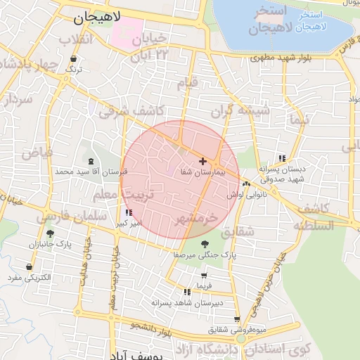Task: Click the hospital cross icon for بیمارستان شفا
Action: point(203,161)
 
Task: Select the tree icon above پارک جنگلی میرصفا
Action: point(204,244)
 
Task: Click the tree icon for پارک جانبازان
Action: point(49,233)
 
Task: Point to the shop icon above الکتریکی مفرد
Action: point(29,267)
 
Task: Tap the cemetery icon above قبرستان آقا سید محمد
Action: point(91,161)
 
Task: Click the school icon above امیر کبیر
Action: point(127,212)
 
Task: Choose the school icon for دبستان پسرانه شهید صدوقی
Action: point(282,158)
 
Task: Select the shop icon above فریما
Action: point(204,276)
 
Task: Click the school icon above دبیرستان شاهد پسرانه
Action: point(186,292)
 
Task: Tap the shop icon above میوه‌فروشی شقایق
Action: point(237,319)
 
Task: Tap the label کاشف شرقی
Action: point(130,110)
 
